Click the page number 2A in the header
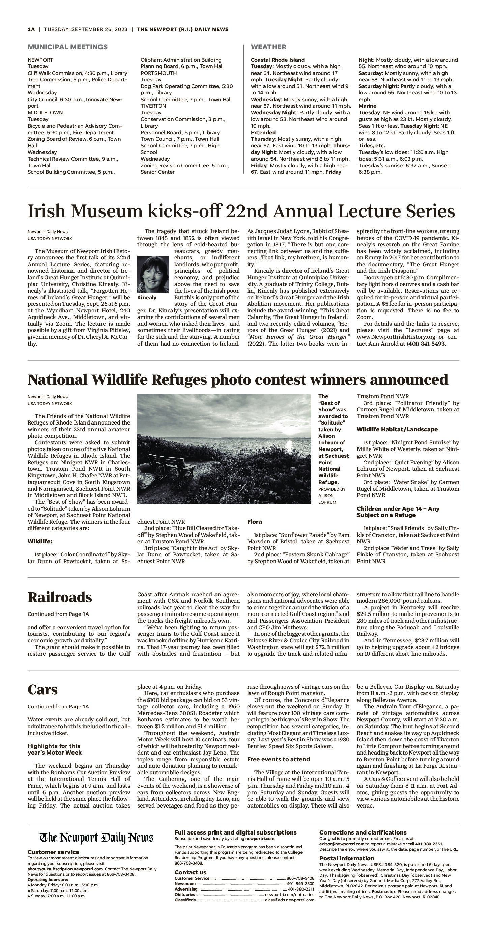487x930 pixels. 31,30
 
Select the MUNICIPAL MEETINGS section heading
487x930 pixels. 67,47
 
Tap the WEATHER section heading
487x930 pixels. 268,47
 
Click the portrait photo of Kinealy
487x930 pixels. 152,274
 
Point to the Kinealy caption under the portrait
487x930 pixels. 147,298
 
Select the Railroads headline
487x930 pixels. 60,597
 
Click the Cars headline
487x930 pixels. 42,689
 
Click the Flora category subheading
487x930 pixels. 254,522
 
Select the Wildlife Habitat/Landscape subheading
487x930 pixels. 397,429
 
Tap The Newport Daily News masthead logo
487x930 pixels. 96,838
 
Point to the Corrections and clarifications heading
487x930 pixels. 363,832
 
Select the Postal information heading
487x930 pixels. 346,858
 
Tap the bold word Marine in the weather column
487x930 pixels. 367,106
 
